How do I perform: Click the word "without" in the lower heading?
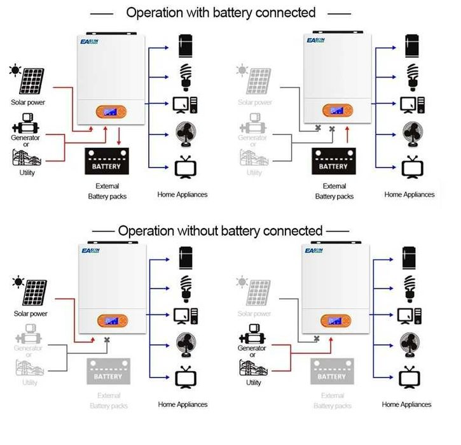click(189, 230)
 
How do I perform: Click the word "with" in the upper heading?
click(191, 12)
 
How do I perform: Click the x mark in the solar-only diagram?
click(107, 341)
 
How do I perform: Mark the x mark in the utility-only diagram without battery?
click(316, 341)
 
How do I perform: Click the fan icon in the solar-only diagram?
click(184, 344)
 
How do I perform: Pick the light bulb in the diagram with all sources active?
click(186, 73)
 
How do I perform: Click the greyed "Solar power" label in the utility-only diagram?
click(254, 314)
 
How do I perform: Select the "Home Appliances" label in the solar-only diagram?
click(182, 404)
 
